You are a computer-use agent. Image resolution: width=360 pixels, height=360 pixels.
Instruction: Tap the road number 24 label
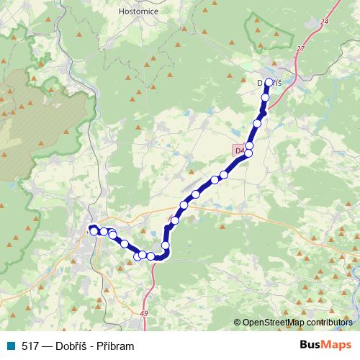tap(324, 23)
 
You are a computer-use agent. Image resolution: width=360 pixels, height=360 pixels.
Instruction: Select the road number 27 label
tap(300, 48)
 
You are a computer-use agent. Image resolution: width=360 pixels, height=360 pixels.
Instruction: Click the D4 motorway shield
tap(239, 150)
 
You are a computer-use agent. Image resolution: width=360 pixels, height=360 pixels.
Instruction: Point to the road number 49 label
tap(143, 313)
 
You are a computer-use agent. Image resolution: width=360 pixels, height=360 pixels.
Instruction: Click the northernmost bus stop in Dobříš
tap(269, 83)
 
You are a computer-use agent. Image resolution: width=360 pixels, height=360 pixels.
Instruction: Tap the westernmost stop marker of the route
tap(94, 231)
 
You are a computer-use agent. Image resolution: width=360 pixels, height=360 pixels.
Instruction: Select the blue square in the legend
tap(12, 346)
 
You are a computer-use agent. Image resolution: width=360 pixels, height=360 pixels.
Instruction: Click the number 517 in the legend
tap(31, 346)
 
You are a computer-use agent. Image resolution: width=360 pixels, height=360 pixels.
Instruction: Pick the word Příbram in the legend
tap(115, 346)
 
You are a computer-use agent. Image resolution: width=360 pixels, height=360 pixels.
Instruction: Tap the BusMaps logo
tap(325, 345)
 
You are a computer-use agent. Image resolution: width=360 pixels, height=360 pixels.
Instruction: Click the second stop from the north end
tap(265, 97)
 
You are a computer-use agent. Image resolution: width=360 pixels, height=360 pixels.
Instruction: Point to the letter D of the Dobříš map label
tap(261, 83)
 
